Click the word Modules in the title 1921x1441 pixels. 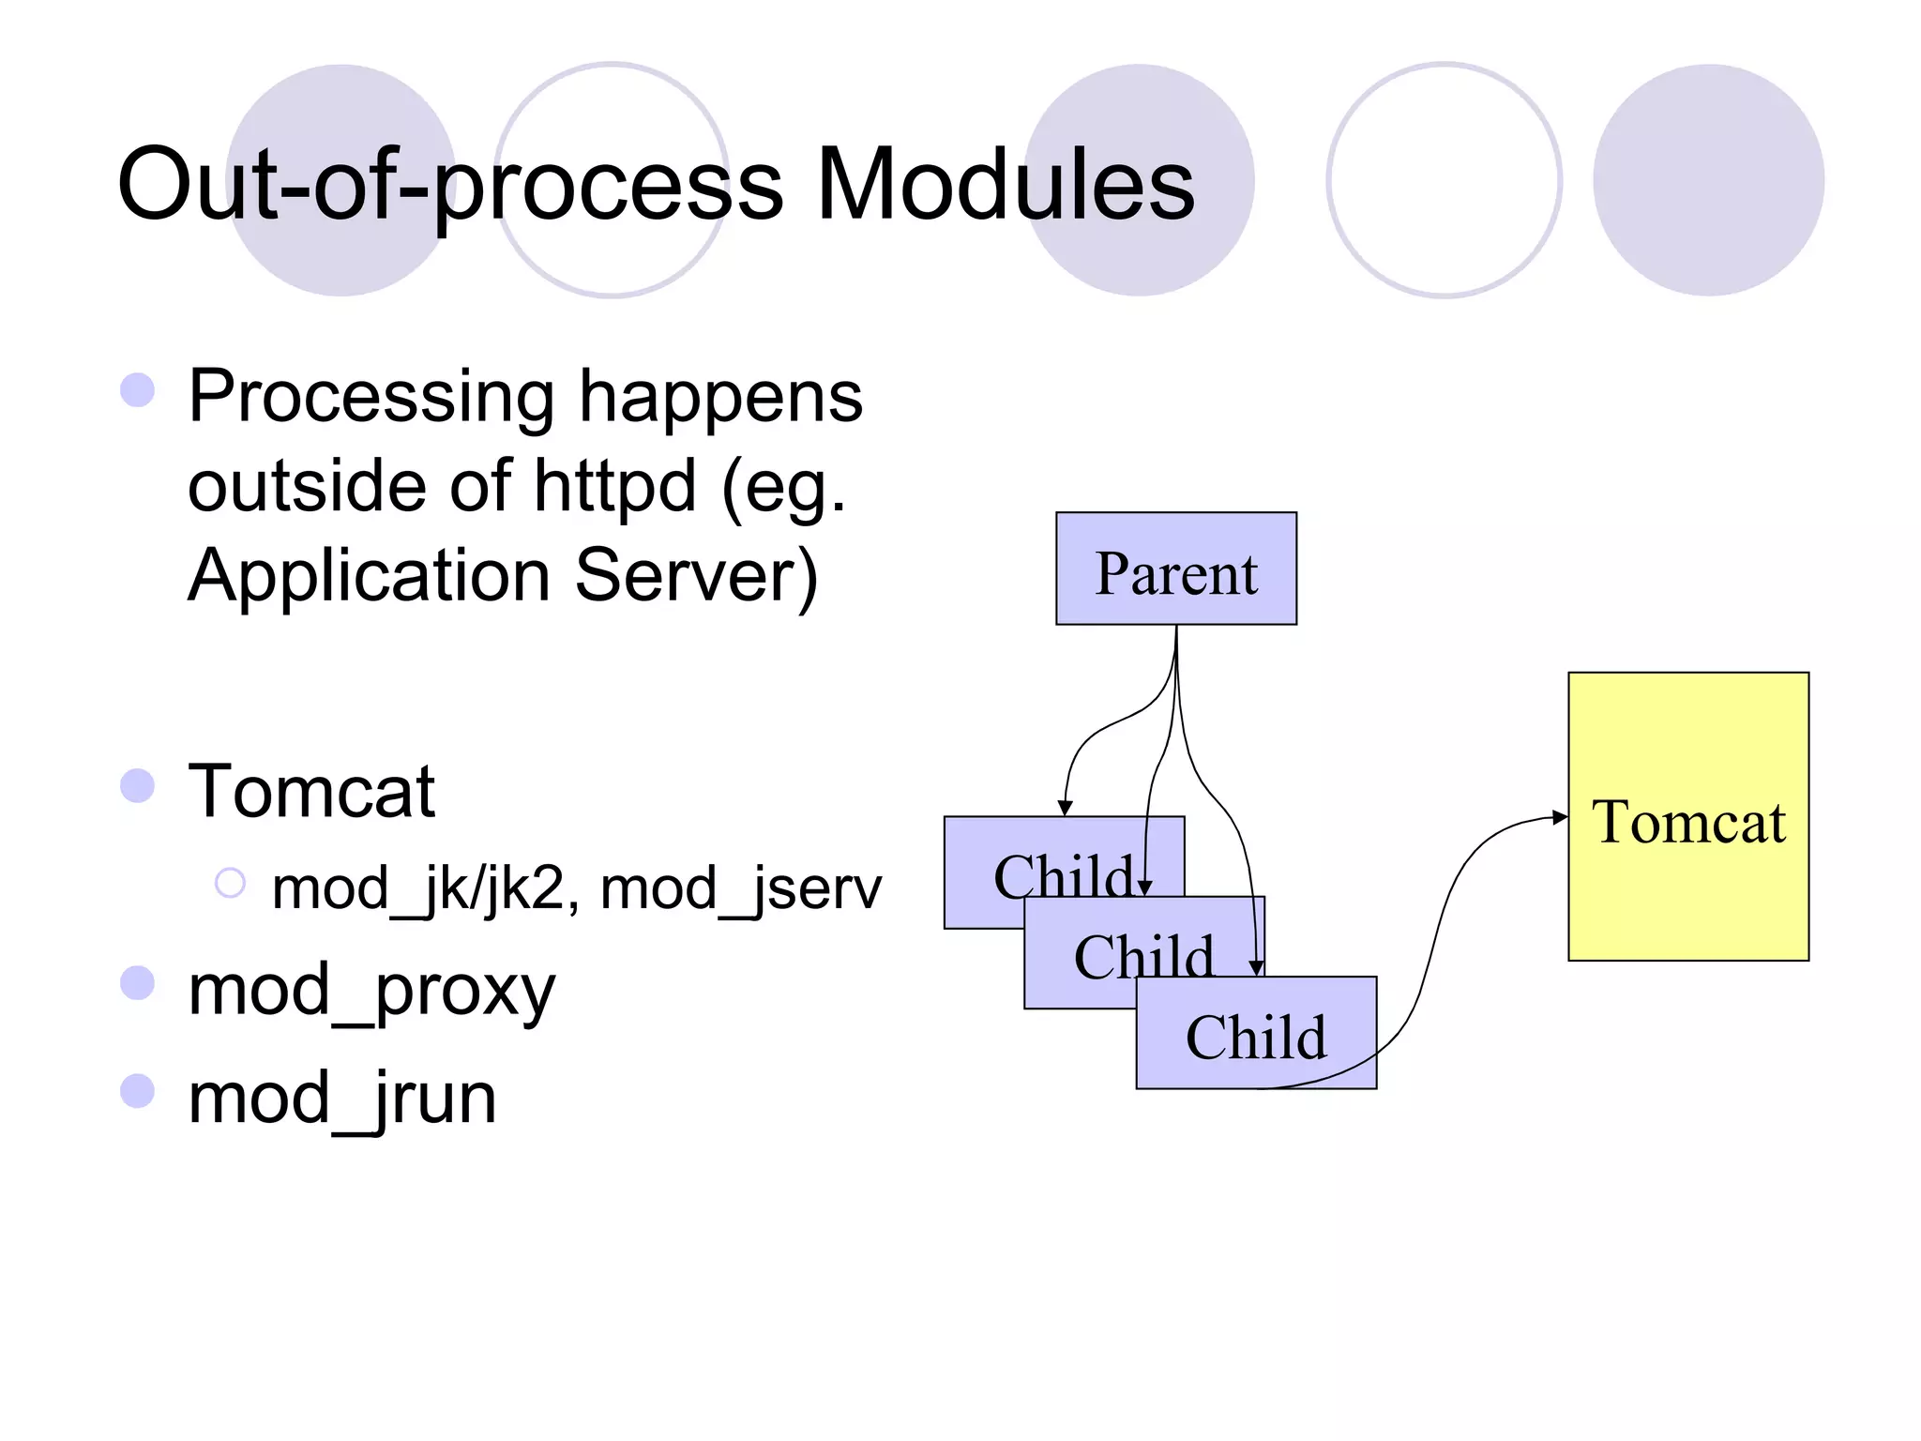[x=1005, y=184]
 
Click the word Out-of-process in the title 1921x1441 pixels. [x=450, y=184]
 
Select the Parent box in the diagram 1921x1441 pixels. [x=1175, y=569]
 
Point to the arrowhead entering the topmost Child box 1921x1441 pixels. [x=1065, y=809]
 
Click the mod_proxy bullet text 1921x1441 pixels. [x=371, y=990]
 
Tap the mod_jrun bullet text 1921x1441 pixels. [x=341, y=1098]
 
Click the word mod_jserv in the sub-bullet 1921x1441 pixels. [x=740, y=887]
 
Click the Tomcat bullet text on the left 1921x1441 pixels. [x=311, y=791]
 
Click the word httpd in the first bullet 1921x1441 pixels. [x=614, y=486]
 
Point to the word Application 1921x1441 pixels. [x=369, y=575]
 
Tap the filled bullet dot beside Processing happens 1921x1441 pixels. [x=138, y=390]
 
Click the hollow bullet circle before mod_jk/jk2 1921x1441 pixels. [x=230, y=883]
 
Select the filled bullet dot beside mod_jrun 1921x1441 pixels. [x=138, y=1091]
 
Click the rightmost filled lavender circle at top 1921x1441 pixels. [x=1708, y=180]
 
